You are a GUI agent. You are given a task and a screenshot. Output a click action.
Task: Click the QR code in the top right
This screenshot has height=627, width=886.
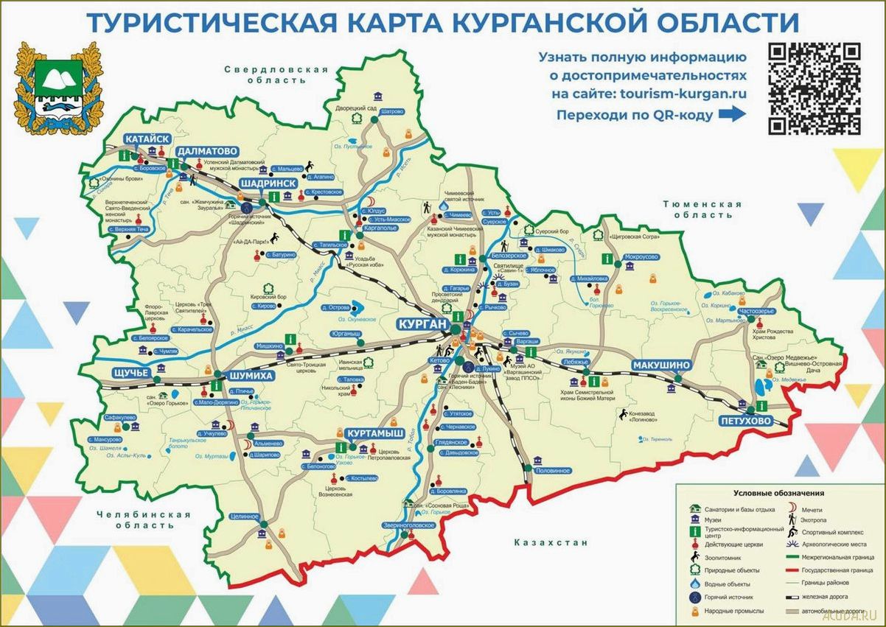pyautogui.click(x=814, y=89)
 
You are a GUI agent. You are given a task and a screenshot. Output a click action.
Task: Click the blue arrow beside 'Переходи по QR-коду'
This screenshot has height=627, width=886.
pyautogui.click(x=732, y=114)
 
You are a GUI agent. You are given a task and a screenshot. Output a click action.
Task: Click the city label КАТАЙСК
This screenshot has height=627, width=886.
pyautogui.click(x=148, y=139)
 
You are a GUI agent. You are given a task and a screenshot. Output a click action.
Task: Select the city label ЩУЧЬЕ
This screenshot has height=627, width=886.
pyautogui.click(x=130, y=373)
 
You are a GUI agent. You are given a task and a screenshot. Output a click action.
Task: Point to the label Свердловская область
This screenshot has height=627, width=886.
pyautogui.click(x=276, y=74)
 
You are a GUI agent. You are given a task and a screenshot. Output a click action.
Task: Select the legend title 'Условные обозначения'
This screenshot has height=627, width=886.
pyautogui.click(x=778, y=493)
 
